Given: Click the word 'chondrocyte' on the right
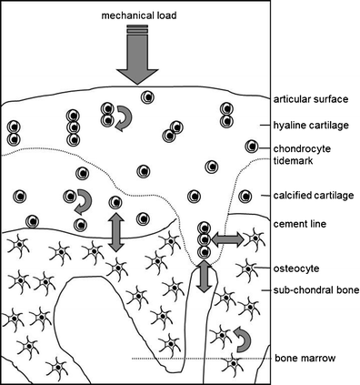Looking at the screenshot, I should pos(303,147).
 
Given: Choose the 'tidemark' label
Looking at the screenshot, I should pos(292,160).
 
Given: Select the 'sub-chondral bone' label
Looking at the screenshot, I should pos(315,290).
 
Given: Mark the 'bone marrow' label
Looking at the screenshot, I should pos(300,359).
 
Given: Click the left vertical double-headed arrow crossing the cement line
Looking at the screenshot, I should pos(116,231).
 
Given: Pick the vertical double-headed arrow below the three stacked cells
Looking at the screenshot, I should pos(205,275).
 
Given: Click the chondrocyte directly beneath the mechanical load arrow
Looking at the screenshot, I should pos(145,96).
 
